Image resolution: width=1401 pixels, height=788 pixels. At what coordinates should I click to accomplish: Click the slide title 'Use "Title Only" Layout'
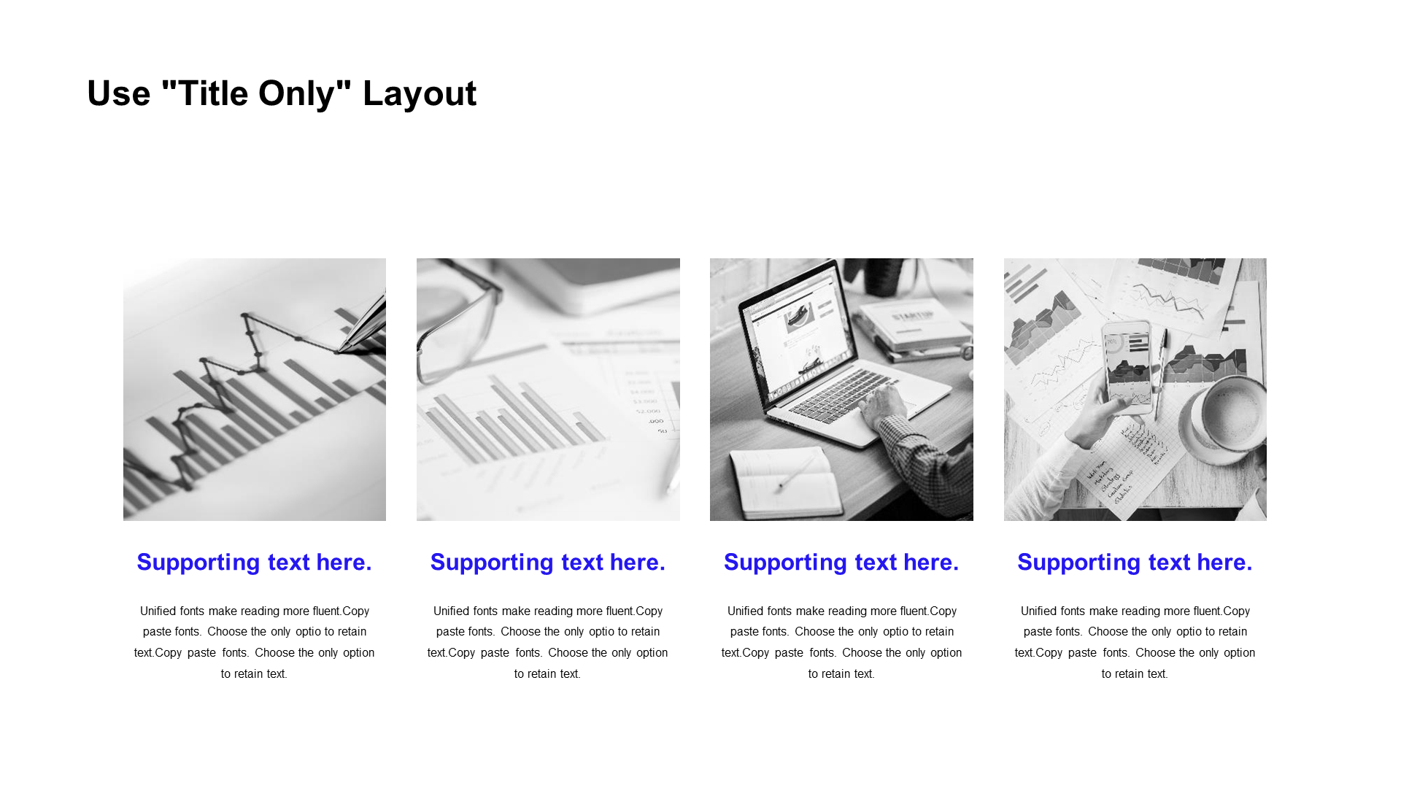click(x=282, y=94)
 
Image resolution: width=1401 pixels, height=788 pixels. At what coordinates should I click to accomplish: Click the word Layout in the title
click(x=420, y=94)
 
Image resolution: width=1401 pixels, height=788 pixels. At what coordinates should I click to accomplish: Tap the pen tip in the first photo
click(x=340, y=350)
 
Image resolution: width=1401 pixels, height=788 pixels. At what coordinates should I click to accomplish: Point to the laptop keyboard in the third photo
click(x=839, y=398)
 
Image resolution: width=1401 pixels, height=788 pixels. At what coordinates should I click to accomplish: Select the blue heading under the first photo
click(x=255, y=563)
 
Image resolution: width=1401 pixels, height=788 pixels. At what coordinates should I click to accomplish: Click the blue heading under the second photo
click(x=548, y=563)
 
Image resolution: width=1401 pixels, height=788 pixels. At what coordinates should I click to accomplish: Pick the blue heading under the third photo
click(x=841, y=563)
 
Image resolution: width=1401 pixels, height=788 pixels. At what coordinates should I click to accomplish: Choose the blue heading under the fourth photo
click(x=1135, y=563)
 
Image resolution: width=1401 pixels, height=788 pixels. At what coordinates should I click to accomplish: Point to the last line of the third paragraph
click(x=841, y=674)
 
